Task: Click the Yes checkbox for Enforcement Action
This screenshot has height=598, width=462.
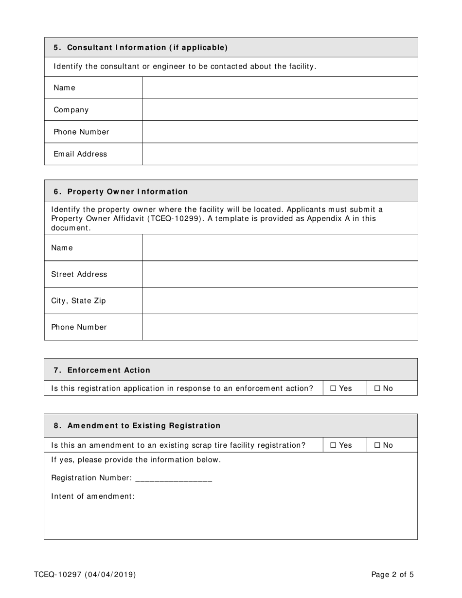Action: [x=333, y=388]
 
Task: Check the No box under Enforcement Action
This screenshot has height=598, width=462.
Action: [x=377, y=388]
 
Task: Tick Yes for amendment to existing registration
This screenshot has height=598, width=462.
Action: [x=333, y=445]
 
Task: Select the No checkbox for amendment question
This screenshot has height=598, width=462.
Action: [x=377, y=445]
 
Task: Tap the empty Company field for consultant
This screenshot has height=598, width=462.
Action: [x=280, y=110]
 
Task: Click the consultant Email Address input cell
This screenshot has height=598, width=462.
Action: [x=280, y=154]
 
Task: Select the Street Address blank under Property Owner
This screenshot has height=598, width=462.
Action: [x=280, y=274]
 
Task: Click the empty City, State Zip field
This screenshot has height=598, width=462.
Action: [x=280, y=301]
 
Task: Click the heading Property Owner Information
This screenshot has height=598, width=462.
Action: [x=127, y=192]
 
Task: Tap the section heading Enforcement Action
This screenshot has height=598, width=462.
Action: [x=108, y=370]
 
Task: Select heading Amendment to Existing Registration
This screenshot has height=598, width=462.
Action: [x=143, y=426]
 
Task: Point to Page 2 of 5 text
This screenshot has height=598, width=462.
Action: [x=392, y=575]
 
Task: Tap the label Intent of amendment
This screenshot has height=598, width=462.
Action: [x=92, y=496]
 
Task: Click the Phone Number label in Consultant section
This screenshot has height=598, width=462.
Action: [x=81, y=132]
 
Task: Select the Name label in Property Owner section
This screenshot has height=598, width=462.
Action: [x=62, y=248]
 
